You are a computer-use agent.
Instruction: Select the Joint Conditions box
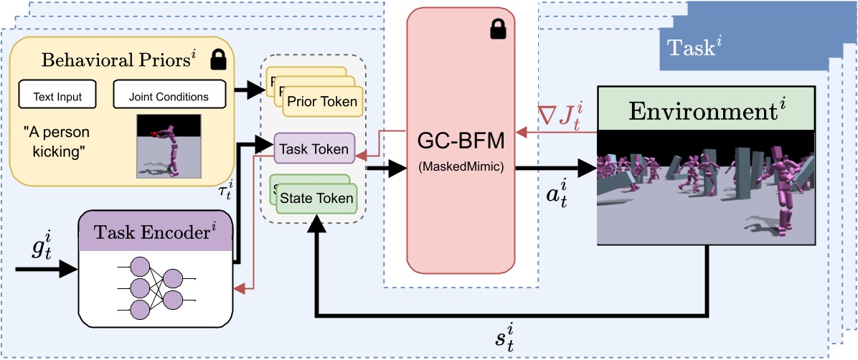click(x=169, y=97)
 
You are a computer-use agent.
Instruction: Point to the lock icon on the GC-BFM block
click(x=496, y=29)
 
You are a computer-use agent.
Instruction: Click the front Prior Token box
click(x=321, y=101)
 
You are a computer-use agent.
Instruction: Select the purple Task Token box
click(x=314, y=149)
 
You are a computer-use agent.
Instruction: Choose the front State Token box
click(x=316, y=197)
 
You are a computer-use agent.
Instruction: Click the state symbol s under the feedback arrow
click(x=504, y=336)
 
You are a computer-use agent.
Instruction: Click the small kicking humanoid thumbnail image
click(x=168, y=146)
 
